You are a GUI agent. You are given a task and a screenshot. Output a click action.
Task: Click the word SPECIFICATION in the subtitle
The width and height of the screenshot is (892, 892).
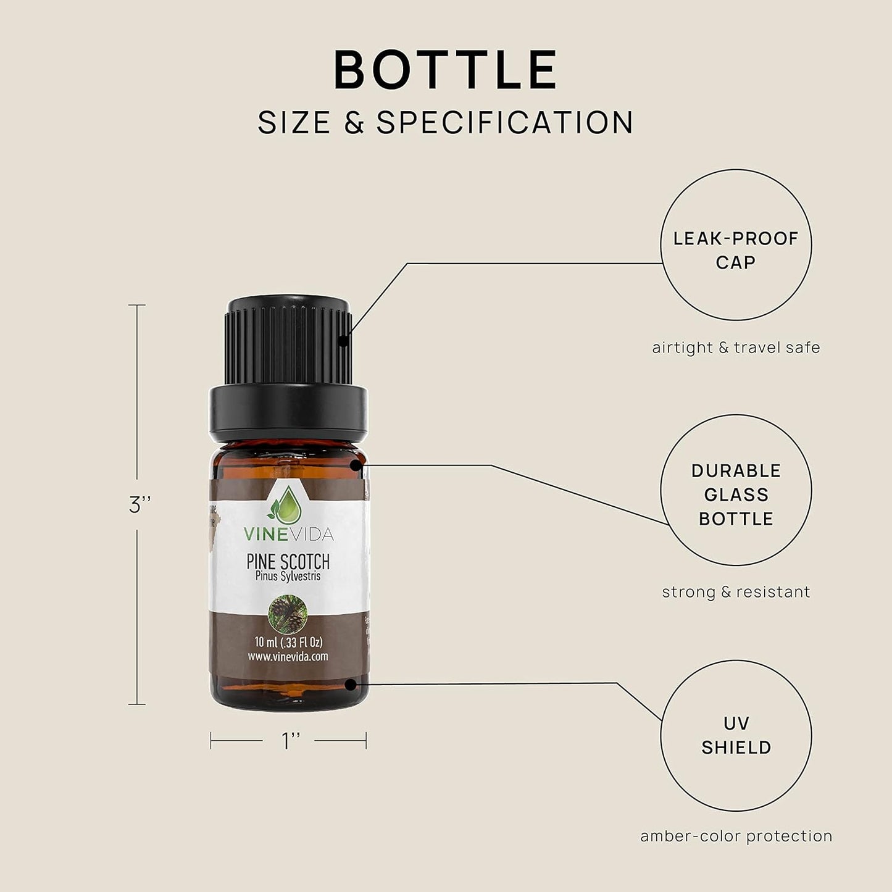(x=505, y=122)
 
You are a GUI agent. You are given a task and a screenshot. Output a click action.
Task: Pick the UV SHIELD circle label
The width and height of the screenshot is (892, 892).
(x=736, y=736)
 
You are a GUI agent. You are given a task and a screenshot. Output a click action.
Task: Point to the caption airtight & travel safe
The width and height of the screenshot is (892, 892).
(x=736, y=348)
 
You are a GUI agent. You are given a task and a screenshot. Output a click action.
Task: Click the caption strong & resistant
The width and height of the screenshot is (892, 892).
(x=736, y=592)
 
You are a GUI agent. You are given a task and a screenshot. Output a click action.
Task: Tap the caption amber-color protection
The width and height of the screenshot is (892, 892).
(x=736, y=836)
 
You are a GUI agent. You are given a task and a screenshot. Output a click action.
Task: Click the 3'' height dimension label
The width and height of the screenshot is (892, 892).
(x=140, y=505)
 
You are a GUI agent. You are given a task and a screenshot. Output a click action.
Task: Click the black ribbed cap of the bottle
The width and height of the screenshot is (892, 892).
(x=289, y=346)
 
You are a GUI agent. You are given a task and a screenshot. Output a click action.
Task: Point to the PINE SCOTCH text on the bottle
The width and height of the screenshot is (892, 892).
(x=288, y=562)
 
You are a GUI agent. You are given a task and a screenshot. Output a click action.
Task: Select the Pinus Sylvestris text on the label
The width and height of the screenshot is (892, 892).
(x=288, y=577)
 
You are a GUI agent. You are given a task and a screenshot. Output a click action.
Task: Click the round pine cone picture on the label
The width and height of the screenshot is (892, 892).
(x=288, y=614)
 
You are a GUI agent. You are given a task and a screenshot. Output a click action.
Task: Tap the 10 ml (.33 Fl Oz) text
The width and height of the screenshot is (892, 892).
(x=288, y=643)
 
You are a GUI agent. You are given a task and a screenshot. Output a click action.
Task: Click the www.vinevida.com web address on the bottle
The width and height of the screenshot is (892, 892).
(x=288, y=657)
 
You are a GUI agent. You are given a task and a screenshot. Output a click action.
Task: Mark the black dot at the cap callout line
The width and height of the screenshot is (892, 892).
(x=343, y=339)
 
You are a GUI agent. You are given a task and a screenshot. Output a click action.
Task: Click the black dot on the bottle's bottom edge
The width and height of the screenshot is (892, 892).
(x=351, y=684)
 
